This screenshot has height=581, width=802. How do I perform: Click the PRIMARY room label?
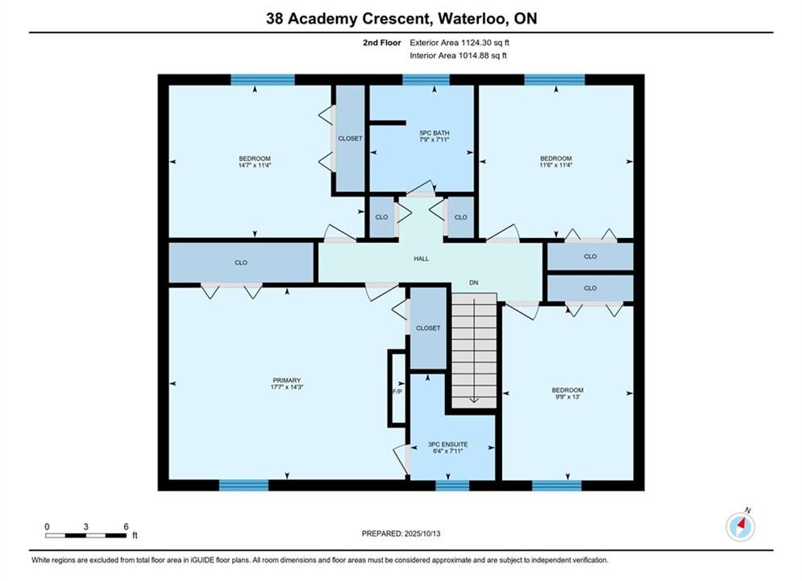click(x=286, y=380)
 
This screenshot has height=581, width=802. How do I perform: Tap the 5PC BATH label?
click(x=434, y=132)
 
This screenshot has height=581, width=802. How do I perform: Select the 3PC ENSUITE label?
click(x=447, y=445)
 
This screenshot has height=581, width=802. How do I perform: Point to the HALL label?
click(x=422, y=259)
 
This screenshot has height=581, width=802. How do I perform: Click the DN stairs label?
click(x=474, y=282)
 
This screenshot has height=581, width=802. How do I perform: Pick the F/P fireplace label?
click(x=397, y=391)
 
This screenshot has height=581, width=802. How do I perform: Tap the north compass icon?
click(x=740, y=525)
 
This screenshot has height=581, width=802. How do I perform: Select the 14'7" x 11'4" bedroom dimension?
click(x=255, y=165)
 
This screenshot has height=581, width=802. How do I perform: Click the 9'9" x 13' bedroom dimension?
click(x=567, y=397)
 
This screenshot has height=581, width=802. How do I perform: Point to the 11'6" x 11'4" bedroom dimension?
click(x=555, y=165)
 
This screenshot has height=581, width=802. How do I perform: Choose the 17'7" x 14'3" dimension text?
click(x=286, y=387)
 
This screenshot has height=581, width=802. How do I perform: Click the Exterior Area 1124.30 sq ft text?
click(x=459, y=43)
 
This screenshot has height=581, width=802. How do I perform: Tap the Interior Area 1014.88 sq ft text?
click(x=458, y=56)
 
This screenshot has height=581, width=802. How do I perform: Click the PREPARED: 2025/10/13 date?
click(x=401, y=533)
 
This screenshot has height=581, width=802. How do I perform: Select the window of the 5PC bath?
click(x=426, y=80)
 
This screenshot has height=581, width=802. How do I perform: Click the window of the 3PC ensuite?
click(x=452, y=485)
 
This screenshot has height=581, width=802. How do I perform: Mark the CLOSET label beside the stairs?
click(x=428, y=328)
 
